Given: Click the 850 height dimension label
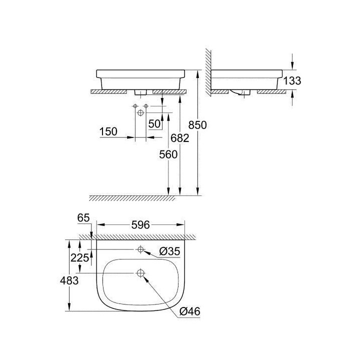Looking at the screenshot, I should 198,124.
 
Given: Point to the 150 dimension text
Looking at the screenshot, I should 108,131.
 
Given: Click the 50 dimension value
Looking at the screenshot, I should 155,123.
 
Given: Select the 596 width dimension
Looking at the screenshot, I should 140,225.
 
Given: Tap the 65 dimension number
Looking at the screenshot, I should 83,217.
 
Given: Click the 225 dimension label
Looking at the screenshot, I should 81,258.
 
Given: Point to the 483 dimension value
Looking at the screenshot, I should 69,281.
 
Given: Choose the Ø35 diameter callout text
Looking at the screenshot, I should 169,252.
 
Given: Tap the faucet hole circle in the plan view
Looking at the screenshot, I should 140,249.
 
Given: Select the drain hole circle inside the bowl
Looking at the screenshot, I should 140,273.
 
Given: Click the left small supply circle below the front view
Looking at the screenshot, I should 135,106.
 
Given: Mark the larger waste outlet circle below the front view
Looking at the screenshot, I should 140,113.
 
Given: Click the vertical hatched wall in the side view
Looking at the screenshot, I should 208,70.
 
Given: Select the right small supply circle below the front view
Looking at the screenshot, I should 146,106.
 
